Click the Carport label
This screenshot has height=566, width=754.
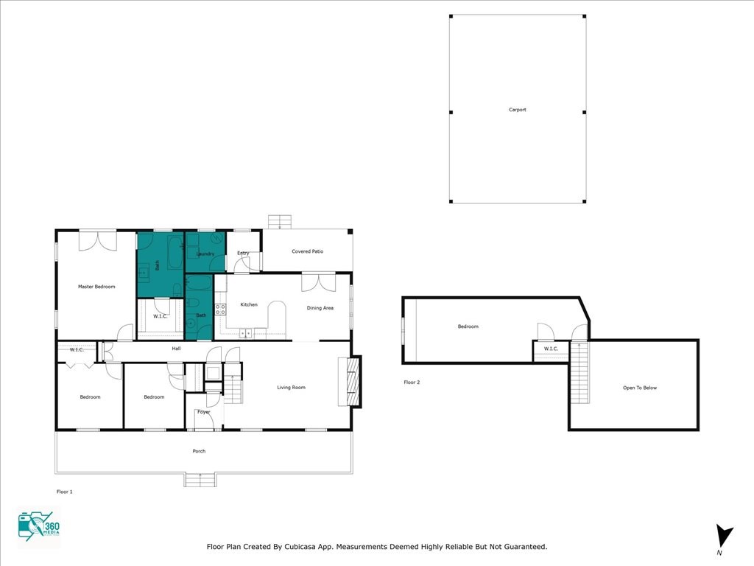tap(518, 110)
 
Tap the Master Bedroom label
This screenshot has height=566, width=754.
tap(96, 287)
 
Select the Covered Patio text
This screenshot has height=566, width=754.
tap(307, 251)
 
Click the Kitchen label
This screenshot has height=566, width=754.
tap(249, 304)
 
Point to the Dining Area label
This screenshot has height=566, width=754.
tap(320, 308)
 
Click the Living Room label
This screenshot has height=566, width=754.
tap(291, 388)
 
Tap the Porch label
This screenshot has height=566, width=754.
tap(199, 451)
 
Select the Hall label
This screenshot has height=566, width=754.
tap(176, 349)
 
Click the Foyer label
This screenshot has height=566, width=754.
tap(204, 412)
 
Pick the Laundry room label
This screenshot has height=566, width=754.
tap(205, 254)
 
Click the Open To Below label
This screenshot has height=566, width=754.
tap(640, 388)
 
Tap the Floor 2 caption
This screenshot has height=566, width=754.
tap(412, 382)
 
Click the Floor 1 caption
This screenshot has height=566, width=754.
tap(65, 492)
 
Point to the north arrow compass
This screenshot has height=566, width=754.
tap(723, 536)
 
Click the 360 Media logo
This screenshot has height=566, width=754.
tap(38, 525)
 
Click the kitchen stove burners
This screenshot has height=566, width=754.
tap(220, 310)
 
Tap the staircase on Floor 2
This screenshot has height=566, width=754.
tap(579, 372)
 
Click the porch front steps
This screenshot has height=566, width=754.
tap(200, 480)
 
